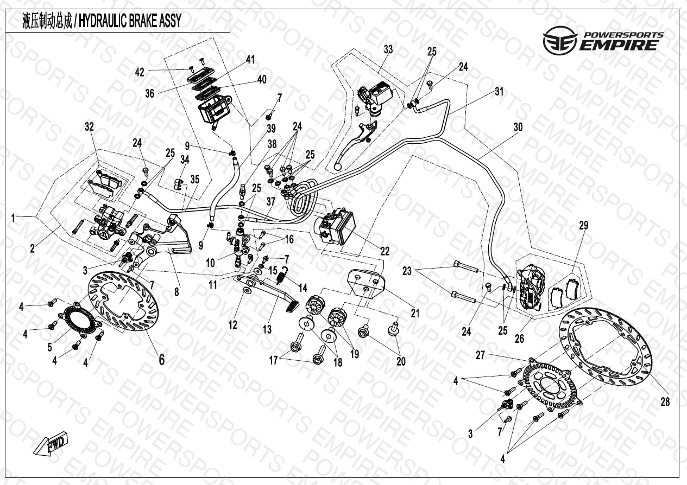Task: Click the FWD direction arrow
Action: (51, 443)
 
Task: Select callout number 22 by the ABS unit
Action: (385, 251)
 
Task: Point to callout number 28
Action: (665, 401)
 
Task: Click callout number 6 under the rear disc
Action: (162, 360)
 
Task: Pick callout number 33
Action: (388, 49)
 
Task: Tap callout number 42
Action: (140, 72)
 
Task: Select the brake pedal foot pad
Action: (293, 307)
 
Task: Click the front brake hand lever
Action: (356, 145)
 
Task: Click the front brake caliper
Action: (528, 288)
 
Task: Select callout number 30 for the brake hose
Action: (518, 127)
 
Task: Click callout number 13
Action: (267, 329)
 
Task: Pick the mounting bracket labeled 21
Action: (365, 282)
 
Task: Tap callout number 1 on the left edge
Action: (13, 218)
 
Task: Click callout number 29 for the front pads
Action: (584, 226)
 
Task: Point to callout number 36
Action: (150, 93)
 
